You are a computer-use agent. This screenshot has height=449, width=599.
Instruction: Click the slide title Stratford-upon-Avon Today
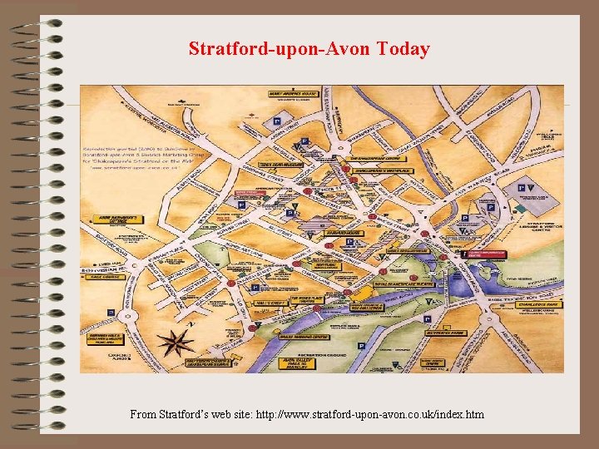[309, 49]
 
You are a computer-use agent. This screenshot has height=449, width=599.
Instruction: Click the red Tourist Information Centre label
[484, 254]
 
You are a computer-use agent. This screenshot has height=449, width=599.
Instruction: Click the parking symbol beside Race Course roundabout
[111, 313]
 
